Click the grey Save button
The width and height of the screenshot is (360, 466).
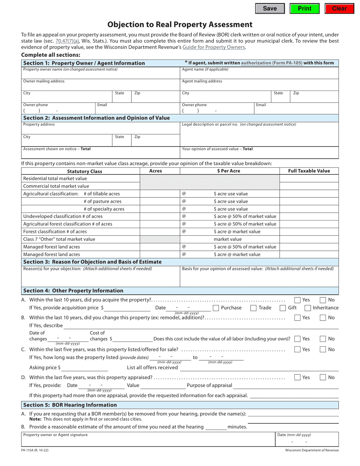tap(270, 8)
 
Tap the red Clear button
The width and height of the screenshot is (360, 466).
tap(339, 8)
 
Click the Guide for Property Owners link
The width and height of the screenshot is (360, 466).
tap(214, 47)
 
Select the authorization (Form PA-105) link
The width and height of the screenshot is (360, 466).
tap(272, 63)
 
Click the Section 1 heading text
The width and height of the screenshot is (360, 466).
tap(84, 63)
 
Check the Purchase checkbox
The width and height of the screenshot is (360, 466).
tap(216, 308)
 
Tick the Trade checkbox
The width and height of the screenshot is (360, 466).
tap(254, 308)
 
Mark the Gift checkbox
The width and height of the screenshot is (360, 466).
tap(283, 308)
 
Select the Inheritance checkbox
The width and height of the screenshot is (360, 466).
tap(308, 308)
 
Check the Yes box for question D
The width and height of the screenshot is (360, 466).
tap(297, 377)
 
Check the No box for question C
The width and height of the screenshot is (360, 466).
tap(323, 349)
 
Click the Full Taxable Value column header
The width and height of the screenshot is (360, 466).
tap(309, 171)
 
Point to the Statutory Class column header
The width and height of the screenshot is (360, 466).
tap(85, 171)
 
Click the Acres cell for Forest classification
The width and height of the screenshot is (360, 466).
tap(160, 231)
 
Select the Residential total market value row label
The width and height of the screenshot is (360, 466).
tap(55, 178)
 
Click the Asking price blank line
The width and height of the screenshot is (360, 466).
tap(85, 368)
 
